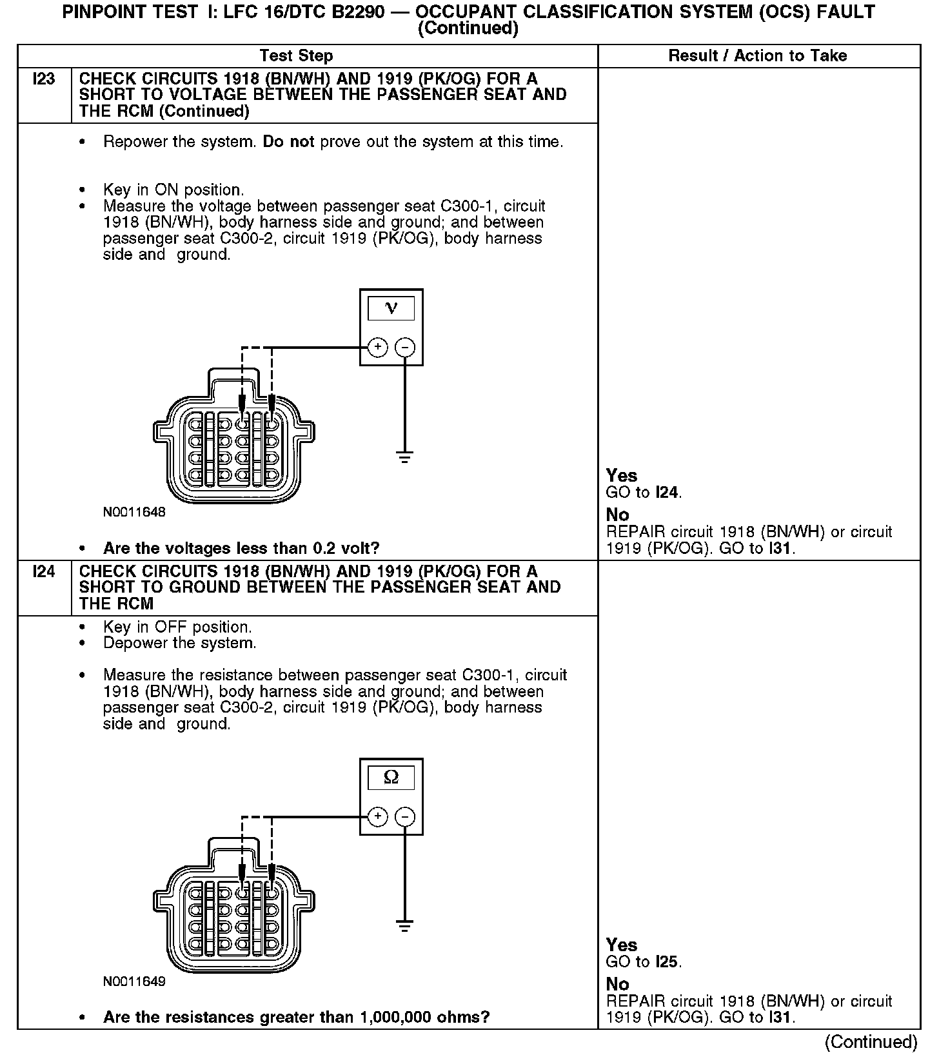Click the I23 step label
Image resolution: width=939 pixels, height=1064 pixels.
pos(44,79)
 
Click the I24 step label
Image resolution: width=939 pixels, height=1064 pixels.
pos(44,572)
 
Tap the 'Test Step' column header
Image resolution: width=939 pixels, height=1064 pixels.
pos(296,56)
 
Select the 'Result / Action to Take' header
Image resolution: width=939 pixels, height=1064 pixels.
pos(757,56)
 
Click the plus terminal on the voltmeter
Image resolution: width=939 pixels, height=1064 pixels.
pos(377,348)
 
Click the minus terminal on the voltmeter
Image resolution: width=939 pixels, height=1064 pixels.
pos(405,348)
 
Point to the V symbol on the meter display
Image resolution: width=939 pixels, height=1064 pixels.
pos(391,308)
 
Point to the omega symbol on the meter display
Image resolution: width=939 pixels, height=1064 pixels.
pos(391,778)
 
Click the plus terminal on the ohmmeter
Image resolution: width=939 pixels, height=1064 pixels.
pos(377,817)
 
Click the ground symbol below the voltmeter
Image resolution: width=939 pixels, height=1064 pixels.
pos(405,458)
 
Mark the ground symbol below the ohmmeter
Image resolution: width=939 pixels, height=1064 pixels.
pos(405,927)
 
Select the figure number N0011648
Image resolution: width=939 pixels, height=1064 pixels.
pos(134,513)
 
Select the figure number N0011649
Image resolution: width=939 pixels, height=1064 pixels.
pos(134,982)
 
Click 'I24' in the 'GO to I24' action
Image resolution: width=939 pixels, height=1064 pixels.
pos(667,493)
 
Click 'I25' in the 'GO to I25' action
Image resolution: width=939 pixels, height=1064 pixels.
pos(667,962)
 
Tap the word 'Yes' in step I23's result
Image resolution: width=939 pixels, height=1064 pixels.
pos(622,476)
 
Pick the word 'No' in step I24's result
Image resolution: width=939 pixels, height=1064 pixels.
pos(617,984)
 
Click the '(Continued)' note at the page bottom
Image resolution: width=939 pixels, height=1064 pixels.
pos(871,1042)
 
